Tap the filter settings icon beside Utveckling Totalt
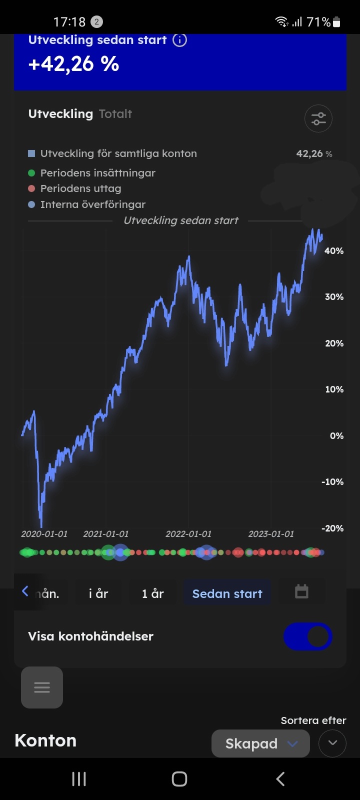point(318,118)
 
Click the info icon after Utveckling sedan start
point(179,40)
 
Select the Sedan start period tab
point(227,593)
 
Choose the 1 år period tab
point(152,593)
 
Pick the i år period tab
point(98,593)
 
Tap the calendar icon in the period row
point(301,592)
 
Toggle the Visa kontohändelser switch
point(307,636)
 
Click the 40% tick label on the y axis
point(334,251)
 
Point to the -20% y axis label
point(332,528)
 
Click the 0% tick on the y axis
point(336,436)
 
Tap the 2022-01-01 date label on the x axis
point(188,534)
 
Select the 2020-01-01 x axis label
point(44,534)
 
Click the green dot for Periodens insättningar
point(31,173)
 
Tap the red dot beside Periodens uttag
point(31,188)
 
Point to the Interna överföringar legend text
point(93,204)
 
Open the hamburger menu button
point(42,687)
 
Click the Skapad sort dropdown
point(260,743)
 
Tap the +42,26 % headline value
point(74,64)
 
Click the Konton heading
point(45,740)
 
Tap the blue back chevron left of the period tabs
point(25,591)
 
